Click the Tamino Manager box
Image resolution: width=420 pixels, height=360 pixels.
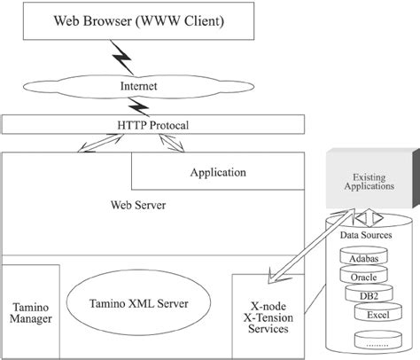pos(29,309)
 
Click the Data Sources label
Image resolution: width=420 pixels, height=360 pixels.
pos(367,235)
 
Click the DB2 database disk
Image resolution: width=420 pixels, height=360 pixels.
pos(370,295)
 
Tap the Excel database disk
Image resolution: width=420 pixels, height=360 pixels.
pos(377,315)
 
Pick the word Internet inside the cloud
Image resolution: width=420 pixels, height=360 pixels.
pos(138,86)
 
